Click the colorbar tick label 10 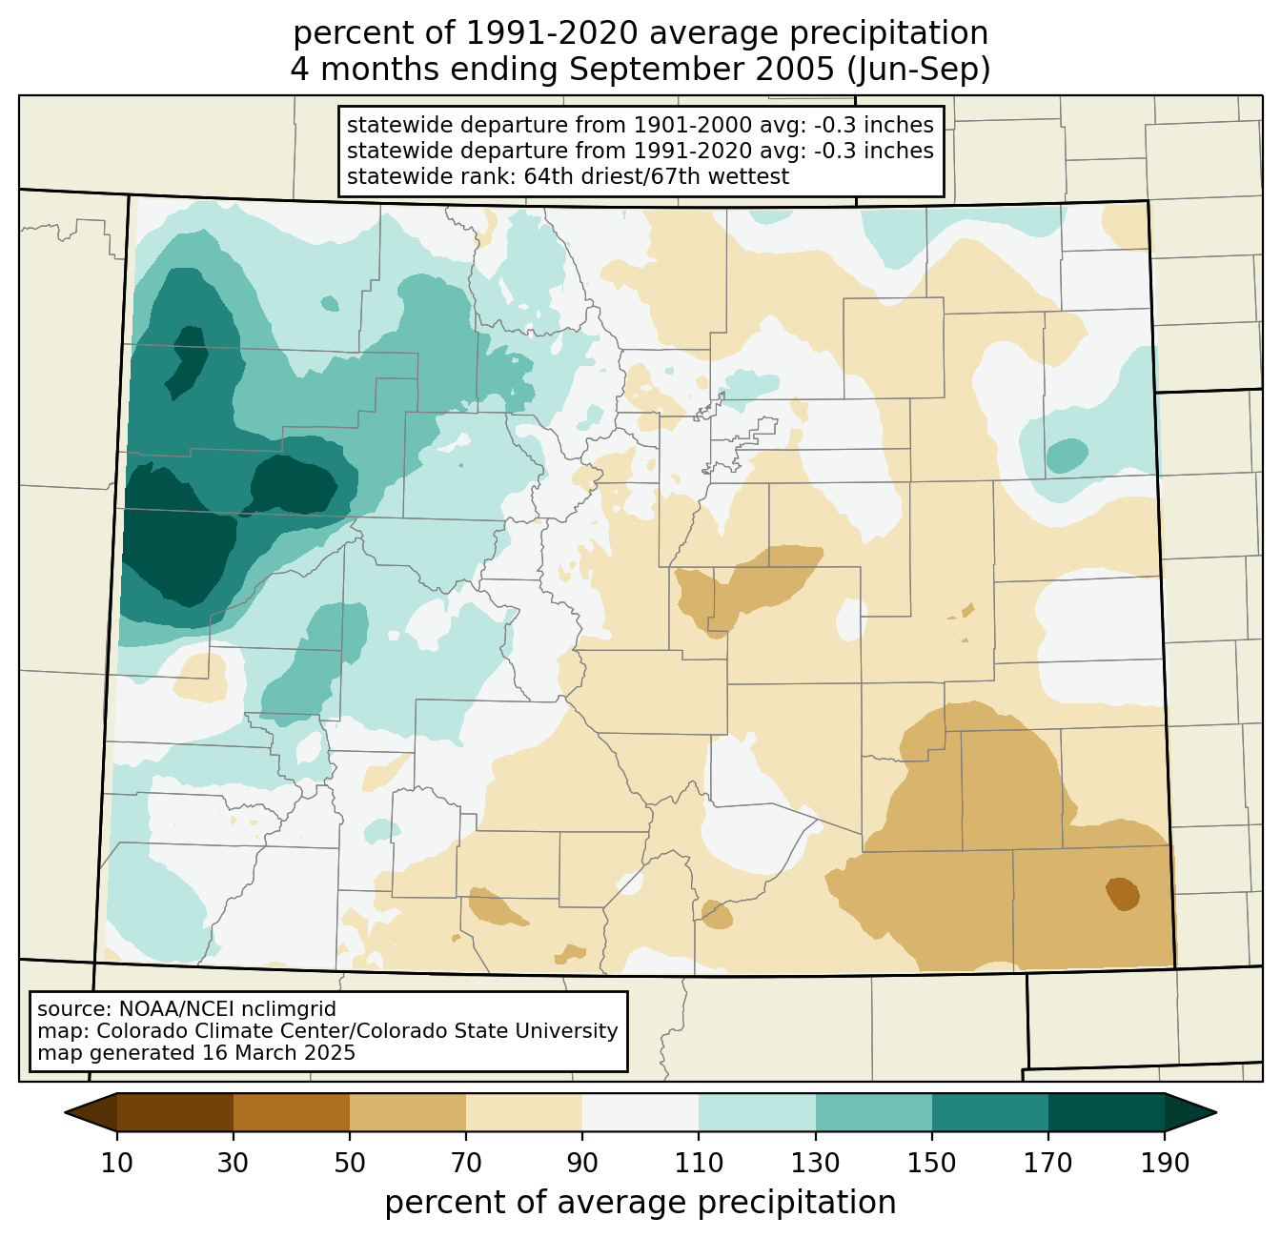click(116, 1163)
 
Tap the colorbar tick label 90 click(582, 1163)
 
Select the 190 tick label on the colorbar click(1165, 1163)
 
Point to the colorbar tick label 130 click(815, 1163)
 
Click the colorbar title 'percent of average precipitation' click(640, 1202)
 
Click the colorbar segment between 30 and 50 click(291, 1112)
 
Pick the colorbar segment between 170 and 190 click(1106, 1112)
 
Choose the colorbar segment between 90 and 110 click(640, 1112)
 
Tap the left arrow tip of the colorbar click(65, 1112)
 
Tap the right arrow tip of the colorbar click(1216, 1112)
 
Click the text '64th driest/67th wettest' click(657, 176)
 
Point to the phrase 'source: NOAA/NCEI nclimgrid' click(186, 1008)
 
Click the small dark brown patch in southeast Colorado click(1123, 893)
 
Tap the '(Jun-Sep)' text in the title click(918, 70)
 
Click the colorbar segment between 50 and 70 click(408, 1112)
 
